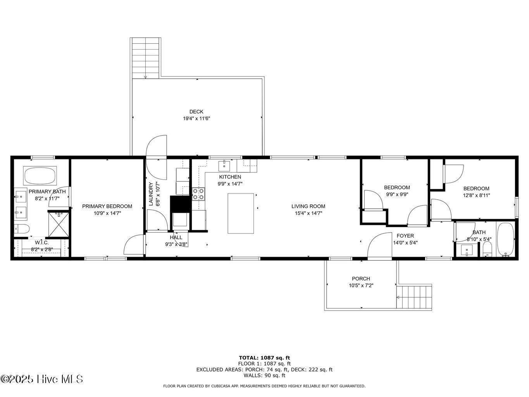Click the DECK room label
tap(196, 112)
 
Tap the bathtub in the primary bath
tap(40, 176)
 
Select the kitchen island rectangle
tap(241, 213)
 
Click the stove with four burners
tap(198, 194)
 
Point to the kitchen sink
tap(224, 166)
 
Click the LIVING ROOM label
tap(308, 206)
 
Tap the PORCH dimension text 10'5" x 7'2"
tap(360, 285)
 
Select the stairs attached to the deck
tap(146, 58)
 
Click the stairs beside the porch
tap(414, 297)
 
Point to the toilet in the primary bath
tap(21, 229)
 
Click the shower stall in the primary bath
tap(59, 223)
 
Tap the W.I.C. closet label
tap(41, 242)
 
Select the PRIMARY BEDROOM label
tap(107, 206)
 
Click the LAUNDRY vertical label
tap(152, 194)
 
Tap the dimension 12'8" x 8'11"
tap(476, 195)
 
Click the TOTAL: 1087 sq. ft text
tap(264, 358)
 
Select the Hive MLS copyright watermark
tap(41, 379)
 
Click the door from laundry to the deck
tap(156, 147)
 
